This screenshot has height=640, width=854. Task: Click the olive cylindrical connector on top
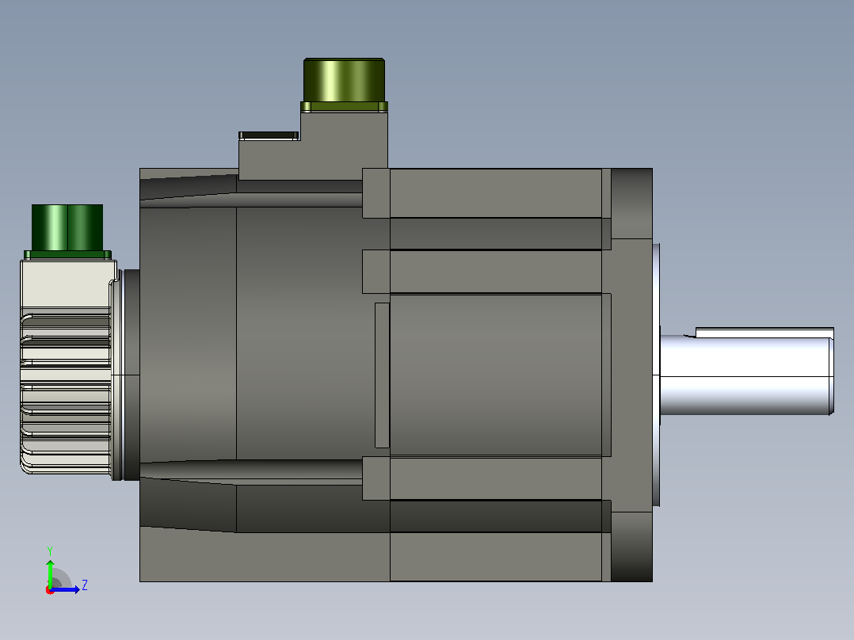tap(344, 80)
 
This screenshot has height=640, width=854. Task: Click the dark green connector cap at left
tap(67, 227)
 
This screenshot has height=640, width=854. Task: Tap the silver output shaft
tap(747, 375)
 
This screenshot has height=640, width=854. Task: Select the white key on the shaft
tap(764, 332)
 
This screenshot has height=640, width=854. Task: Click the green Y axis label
tap(50, 551)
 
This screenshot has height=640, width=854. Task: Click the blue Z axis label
tap(85, 585)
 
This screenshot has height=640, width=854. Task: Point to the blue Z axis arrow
tap(65, 589)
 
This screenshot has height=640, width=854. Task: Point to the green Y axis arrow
tap(50, 574)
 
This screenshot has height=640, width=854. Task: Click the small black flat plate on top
tap(269, 135)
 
